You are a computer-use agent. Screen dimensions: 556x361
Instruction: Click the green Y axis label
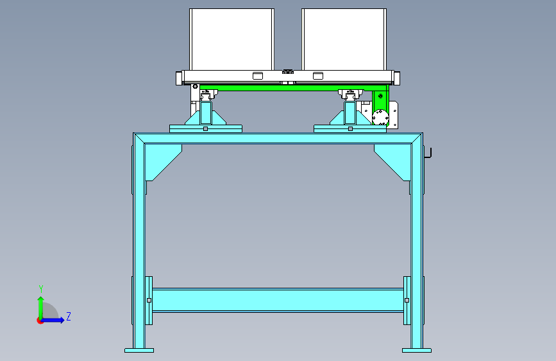[x=41, y=288]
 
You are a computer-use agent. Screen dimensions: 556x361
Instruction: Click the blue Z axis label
[x=69, y=316]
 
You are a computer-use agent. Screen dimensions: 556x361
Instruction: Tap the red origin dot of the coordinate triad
[x=40, y=321]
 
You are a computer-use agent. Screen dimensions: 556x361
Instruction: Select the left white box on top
[x=232, y=39]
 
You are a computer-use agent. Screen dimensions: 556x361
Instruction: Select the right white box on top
[x=344, y=39]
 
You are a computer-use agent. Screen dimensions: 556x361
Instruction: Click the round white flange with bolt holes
[x=380, y=117]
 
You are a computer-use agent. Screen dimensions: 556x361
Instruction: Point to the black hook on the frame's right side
[x=428, y=153]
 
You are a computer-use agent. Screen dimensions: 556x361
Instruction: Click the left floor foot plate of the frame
[x=139, y=350]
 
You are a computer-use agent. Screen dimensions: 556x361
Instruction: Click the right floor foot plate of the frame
[x=417, y=350]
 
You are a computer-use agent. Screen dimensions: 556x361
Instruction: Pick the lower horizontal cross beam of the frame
[x=278, y=301]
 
